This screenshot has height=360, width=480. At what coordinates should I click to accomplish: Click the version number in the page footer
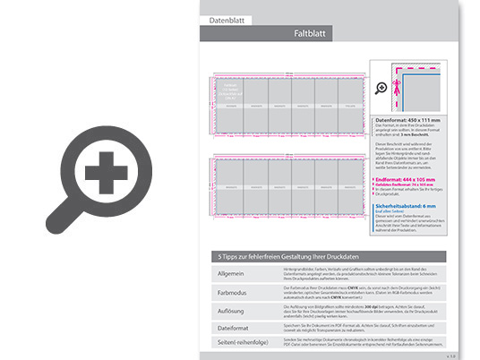[x=450, y=355]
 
